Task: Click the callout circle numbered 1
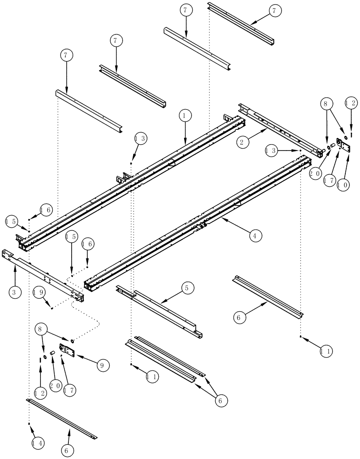click(x=185, y=117)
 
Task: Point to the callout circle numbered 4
click(x=256, y=235)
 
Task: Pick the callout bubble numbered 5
click(x=187, y=288)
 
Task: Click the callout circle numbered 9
click(x=103, y=366)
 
